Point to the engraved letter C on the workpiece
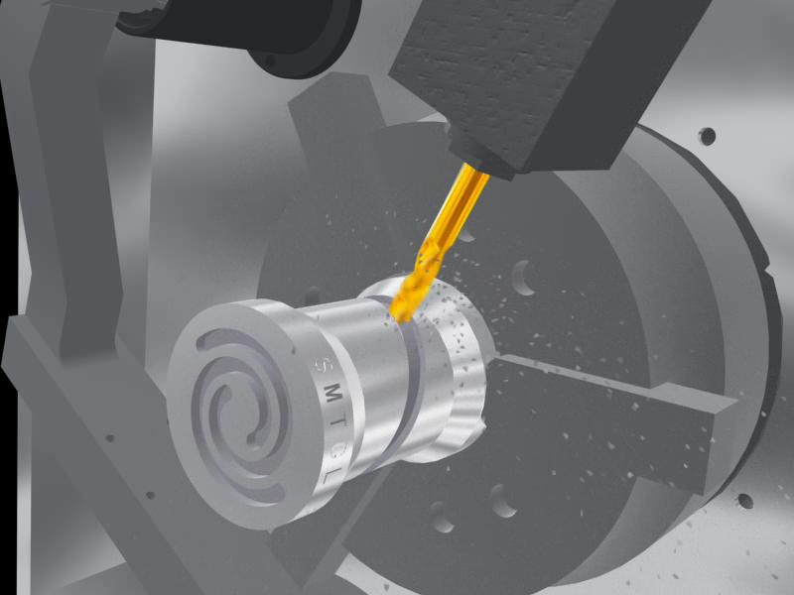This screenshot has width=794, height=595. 336,449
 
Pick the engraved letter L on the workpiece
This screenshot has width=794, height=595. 330,475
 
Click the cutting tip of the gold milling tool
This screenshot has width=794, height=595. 403,318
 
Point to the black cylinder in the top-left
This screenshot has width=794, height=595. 238,31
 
